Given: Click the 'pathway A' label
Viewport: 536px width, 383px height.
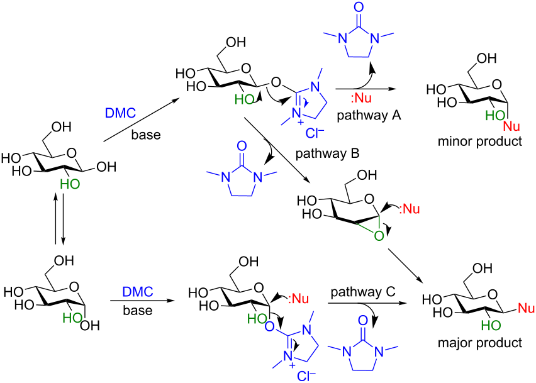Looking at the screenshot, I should (x=364, y=116).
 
